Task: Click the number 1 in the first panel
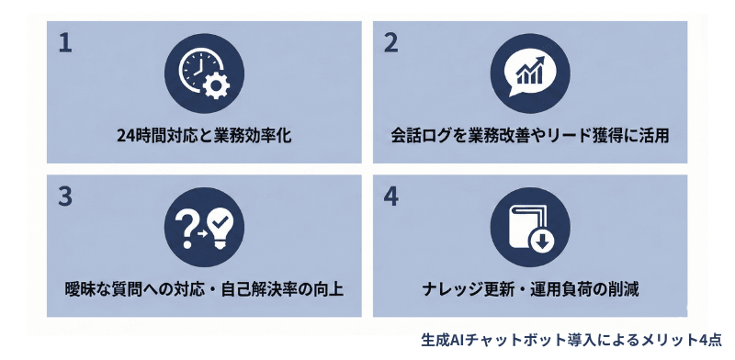[64, 44]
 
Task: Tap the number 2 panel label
[391, 44]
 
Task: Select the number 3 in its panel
[64, 198]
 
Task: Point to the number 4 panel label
[392, 198]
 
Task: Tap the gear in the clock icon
[216, 87]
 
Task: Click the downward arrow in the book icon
[541, 242]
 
